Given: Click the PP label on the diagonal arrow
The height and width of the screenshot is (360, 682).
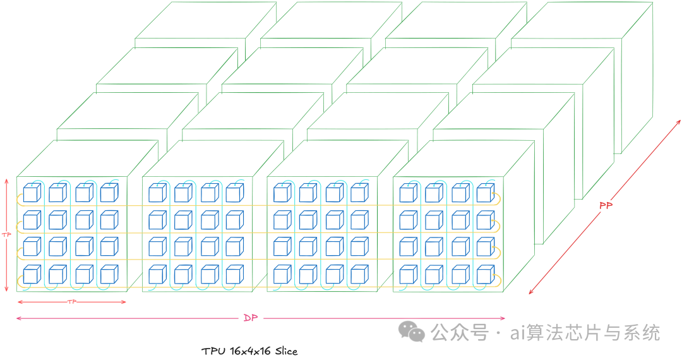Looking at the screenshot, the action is (606, 206).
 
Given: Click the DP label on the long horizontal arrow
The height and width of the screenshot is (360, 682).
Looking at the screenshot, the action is (251, 318).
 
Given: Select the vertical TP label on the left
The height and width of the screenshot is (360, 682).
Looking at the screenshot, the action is (7, 234).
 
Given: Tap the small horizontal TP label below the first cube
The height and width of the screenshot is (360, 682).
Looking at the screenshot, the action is (71, 302).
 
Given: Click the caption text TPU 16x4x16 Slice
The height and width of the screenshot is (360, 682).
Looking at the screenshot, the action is (249, 351).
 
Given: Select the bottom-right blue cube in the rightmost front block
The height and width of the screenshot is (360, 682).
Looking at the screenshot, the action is (485, 275).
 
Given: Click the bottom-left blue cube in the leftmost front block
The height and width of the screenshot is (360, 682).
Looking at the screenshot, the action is (31, 275).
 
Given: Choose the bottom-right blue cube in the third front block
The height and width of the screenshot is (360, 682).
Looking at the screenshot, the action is (359, 275).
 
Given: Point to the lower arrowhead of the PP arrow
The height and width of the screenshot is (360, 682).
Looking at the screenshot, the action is (531, 292).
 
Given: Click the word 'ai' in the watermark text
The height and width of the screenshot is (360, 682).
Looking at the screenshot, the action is (518, 332).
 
